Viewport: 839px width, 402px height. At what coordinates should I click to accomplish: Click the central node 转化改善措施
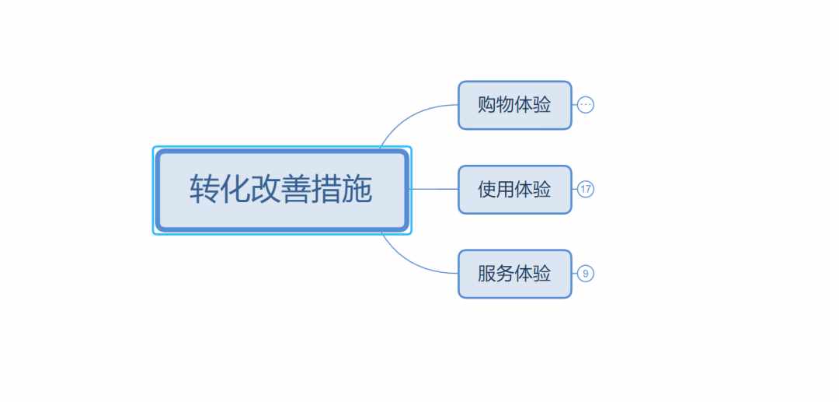click(x=282, y=190)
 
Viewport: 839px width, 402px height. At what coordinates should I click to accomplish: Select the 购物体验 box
click(x=515, y=105)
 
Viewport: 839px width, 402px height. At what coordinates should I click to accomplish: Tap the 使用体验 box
click(x=515, y=190)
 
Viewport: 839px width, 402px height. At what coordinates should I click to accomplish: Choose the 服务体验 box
click(x=515, y=274)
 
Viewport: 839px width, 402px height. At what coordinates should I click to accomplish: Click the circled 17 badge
click(x=586, y=189)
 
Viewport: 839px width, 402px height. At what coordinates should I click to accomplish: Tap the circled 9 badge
click(x=586, y=274)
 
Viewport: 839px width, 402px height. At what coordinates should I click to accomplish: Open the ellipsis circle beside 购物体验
click(x=586, y=105)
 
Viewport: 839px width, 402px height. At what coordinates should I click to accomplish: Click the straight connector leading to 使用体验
click(x=434, y=189)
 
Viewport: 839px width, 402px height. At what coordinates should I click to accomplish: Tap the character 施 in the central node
click(x=357, y=189)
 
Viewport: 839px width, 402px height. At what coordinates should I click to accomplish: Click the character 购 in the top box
click(x=487, y=105)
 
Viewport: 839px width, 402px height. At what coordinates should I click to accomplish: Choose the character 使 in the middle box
click(x=487, y=190)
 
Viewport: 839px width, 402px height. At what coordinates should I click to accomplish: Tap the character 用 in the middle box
click(x=505, y=190)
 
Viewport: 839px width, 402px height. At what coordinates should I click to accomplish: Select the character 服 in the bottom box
click(x=487, y=274)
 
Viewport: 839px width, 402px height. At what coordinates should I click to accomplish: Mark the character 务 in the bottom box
click(x=505, y=274)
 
